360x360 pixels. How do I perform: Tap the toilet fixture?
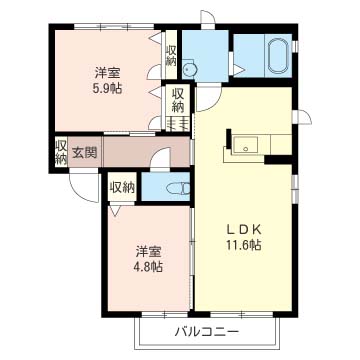point(178,188)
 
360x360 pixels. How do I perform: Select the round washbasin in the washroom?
point(190,69)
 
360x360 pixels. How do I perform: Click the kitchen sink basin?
point(245,145)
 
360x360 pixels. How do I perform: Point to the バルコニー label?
point(207,332)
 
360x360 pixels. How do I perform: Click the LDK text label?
point(244,230)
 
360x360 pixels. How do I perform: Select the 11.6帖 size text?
point(244,246)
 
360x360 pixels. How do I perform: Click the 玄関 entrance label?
point(85,153)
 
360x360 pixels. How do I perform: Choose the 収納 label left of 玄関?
point(61,152)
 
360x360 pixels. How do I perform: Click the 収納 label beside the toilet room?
point(122,188)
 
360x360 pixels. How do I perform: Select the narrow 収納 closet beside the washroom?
point(171,55)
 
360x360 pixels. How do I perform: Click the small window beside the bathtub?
point(295,47)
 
